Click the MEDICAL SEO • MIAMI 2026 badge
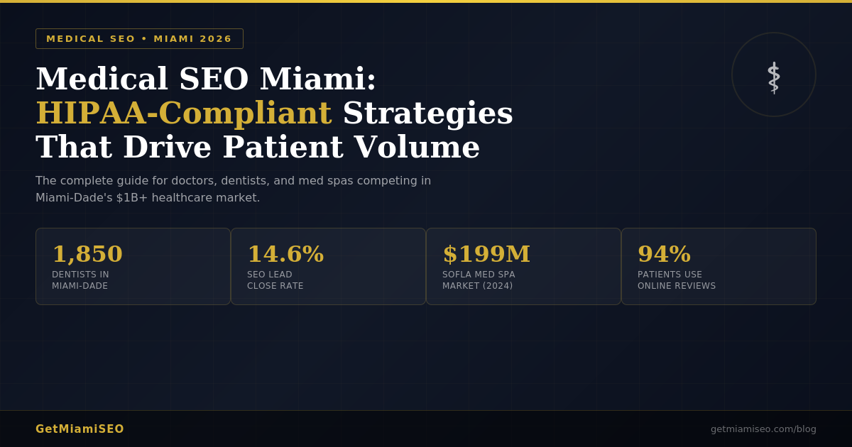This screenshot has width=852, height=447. (x=139, y=39)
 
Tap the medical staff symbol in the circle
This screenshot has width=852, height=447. (x=773, y=77)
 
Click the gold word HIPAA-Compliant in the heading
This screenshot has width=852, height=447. (x=184, y=114)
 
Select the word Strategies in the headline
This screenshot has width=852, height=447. (x=427, y=114)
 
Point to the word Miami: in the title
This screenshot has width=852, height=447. (x=317, y=79)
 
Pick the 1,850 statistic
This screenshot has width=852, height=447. (x=87, y=254)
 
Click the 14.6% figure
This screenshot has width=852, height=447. (x=285, y=254)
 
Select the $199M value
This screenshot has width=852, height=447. (x=486, y=254)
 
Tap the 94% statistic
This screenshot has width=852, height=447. (x=664, y=254)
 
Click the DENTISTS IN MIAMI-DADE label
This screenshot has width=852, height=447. (x=80, y=280)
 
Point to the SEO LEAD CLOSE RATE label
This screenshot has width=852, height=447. (x=275, y=280)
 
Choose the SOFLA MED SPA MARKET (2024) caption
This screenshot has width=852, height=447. (x=479, y=280)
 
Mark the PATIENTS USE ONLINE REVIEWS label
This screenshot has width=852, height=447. (x=677, y=280)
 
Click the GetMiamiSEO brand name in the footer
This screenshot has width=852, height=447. (x=80, y=429)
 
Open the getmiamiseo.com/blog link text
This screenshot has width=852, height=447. (x=763, y=429)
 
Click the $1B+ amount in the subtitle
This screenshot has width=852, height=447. (x=132, y=198)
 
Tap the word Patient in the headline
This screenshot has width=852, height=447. (x=286, y=148)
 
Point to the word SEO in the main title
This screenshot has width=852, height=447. (x=214, y=79)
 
